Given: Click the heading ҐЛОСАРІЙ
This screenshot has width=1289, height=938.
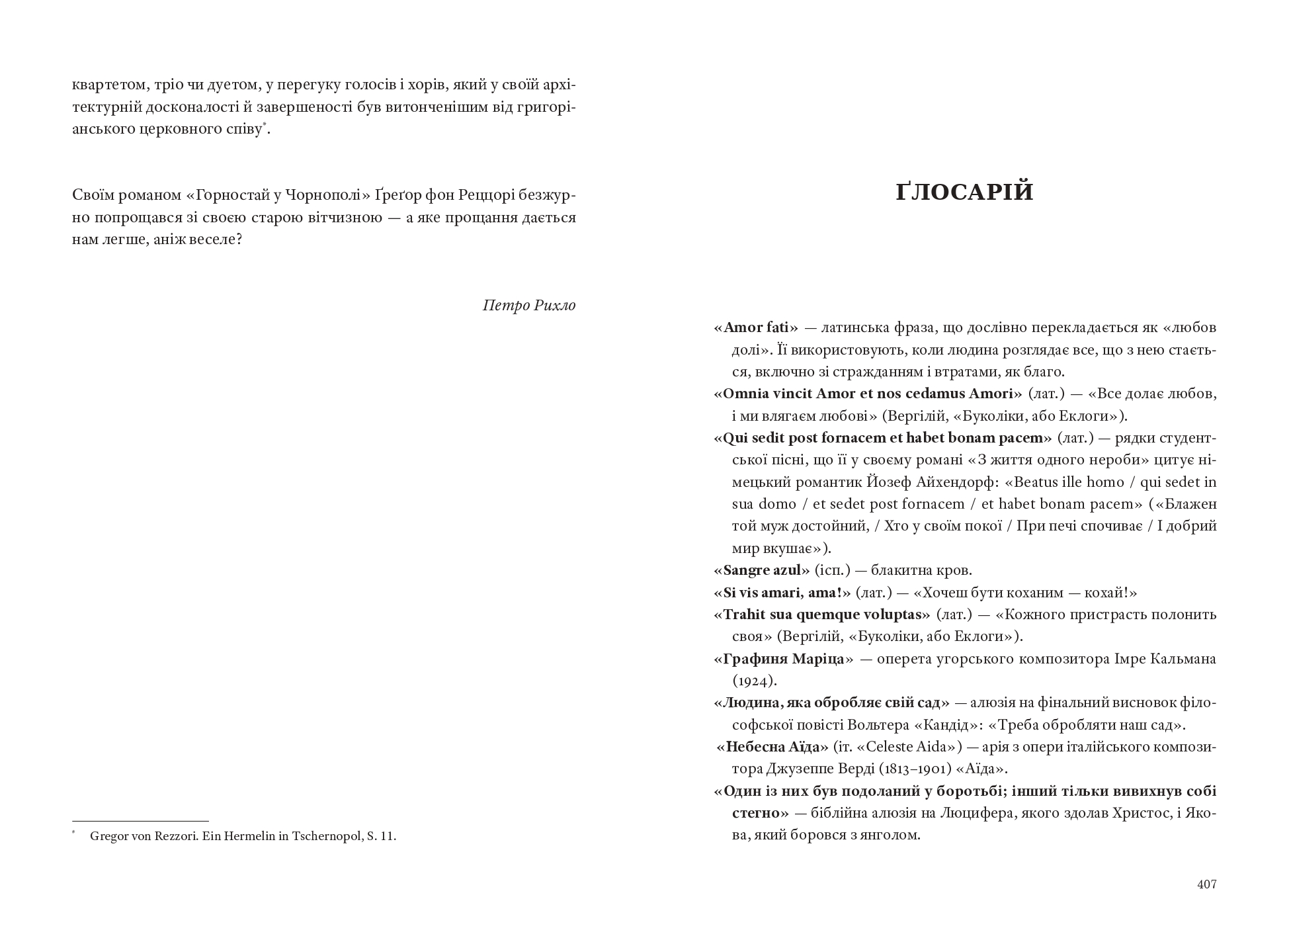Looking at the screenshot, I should (965, 192).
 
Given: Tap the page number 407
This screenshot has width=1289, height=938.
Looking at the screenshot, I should (1206, 884).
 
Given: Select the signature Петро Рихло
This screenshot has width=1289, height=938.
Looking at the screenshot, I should (529, 305).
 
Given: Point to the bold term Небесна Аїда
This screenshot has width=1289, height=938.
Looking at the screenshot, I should (773, 747).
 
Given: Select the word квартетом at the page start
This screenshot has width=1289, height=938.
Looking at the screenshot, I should (106, 85).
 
